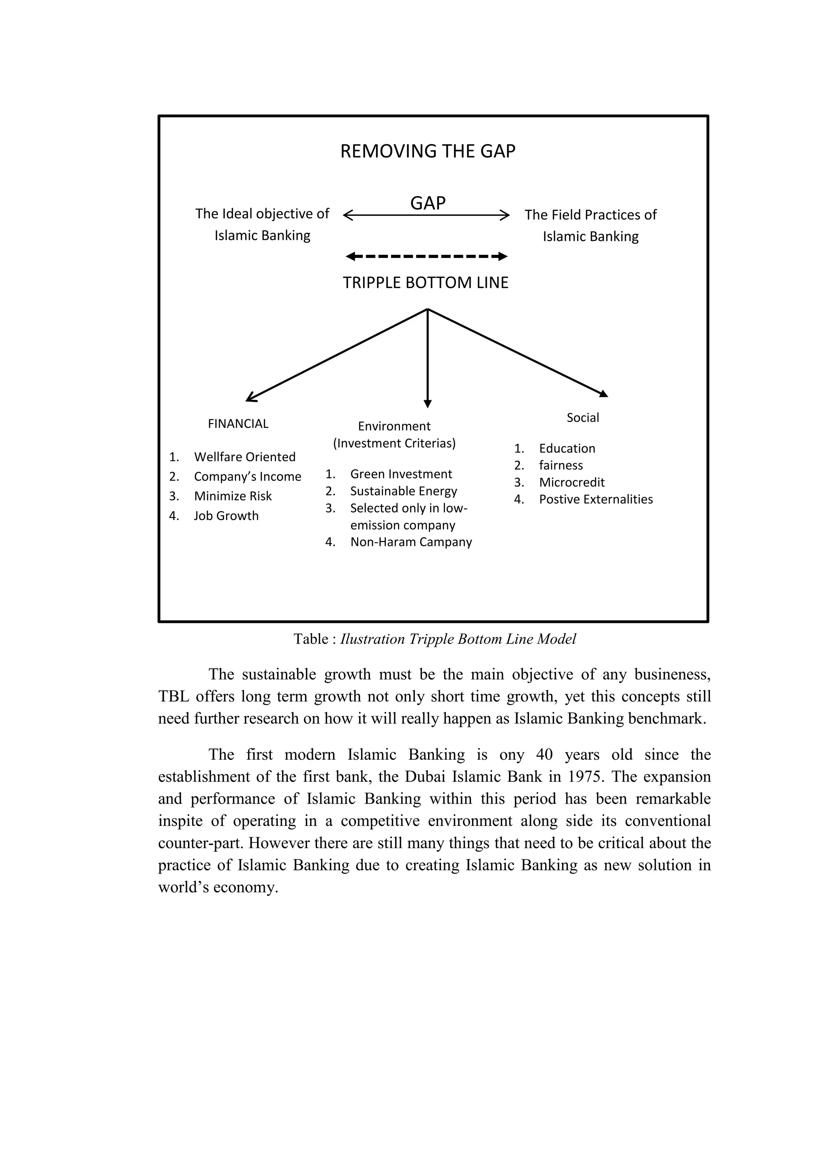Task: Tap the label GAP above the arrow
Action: [428, 203]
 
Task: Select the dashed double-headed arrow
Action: [427, 256]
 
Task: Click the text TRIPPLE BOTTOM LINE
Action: [425, 283]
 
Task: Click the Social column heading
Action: [583, 418]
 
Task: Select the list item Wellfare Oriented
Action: [244, 457]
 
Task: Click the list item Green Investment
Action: [401, 474]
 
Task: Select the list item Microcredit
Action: [571, 482]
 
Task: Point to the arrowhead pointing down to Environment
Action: [428, 403]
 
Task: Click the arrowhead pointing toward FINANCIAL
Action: [250, 397]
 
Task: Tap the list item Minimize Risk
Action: [233, 496]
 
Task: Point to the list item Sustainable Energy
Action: [403, 491]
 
